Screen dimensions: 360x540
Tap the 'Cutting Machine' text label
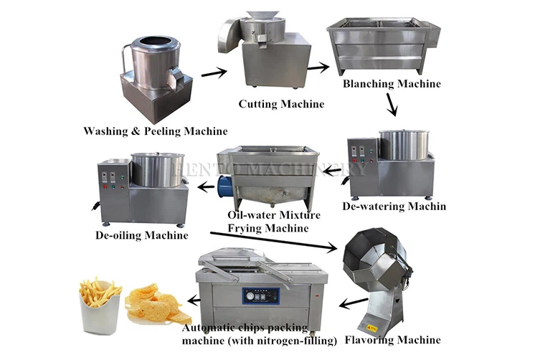click(x=281, y=104)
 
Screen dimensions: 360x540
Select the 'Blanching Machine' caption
click(x=392, y=85)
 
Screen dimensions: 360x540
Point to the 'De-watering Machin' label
click(x=394, y=207)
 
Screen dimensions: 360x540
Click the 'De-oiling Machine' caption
click(x=141, y=235)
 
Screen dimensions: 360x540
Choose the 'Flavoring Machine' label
click(x=393, y=339)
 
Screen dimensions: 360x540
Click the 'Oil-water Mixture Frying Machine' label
click(x=264, y=222)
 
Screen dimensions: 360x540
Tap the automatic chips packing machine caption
click(x=260, y=333)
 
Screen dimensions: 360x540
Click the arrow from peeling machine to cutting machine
click(x=214, y=72)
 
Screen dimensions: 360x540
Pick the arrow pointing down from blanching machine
click(x=392, y=105)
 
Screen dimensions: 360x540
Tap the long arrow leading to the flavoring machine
click(x=273, y=241)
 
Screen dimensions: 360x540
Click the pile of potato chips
click(x=153, y=305)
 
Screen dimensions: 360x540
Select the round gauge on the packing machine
click(x=252, y=295)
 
